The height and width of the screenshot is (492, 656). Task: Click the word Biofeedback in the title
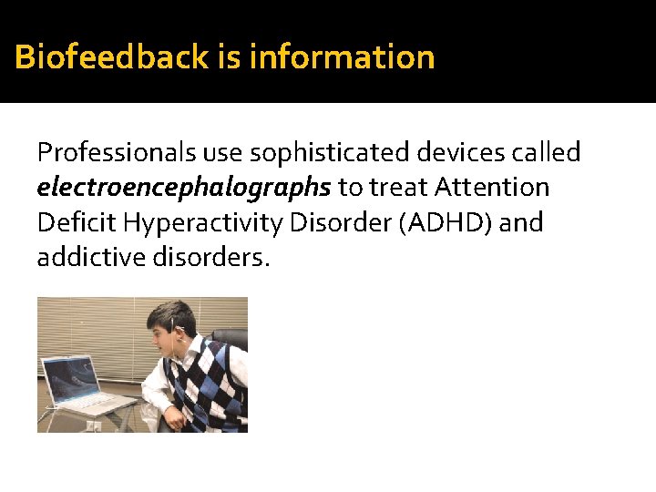click(x=112, y=57)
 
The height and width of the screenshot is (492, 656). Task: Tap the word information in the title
click(x=342, y=57)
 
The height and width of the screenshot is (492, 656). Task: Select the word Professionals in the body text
click(x=103, y=153)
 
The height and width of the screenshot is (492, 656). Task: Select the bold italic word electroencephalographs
click(x=184, y=189)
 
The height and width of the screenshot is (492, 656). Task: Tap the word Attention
click(x=492, y=188)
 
